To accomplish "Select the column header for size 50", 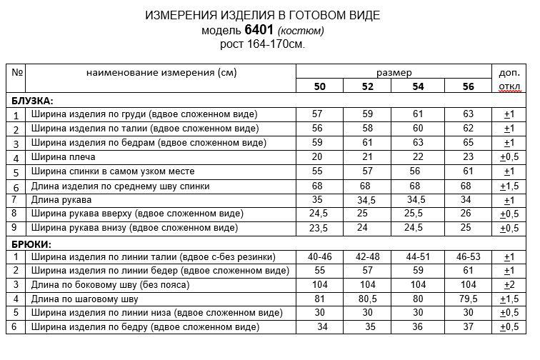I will pyautogui.click(x=319, y=87).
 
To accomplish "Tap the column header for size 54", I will pyautogui.click(x=418, y=87).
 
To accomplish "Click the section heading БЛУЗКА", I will pyautogui.click(x=32, y=101).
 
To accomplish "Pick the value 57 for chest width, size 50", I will pyautogui.click(x=319, y=114).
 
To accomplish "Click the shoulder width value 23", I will pyautogui.click(x=468, y=157).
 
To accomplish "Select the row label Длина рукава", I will pyautogui.click(x=62, y=199).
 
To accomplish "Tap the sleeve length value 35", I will pyautogui.click(x=319, y=199).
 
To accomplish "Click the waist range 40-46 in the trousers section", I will pyautogui.click(x=319, y=256).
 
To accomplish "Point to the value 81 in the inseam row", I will pyautogui.click(x=319, y=299).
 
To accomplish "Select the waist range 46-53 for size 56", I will pyautogui.click(x=468, y=256).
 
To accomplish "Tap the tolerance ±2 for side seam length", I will pyautogui.click(x=509, y=284).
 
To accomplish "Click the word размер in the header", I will pyautogui.click(x=394, y=73).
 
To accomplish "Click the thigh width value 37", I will pyautogui.click(x=468, y=327).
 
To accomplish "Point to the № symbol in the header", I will pyautogui.click(x=18, y=73).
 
